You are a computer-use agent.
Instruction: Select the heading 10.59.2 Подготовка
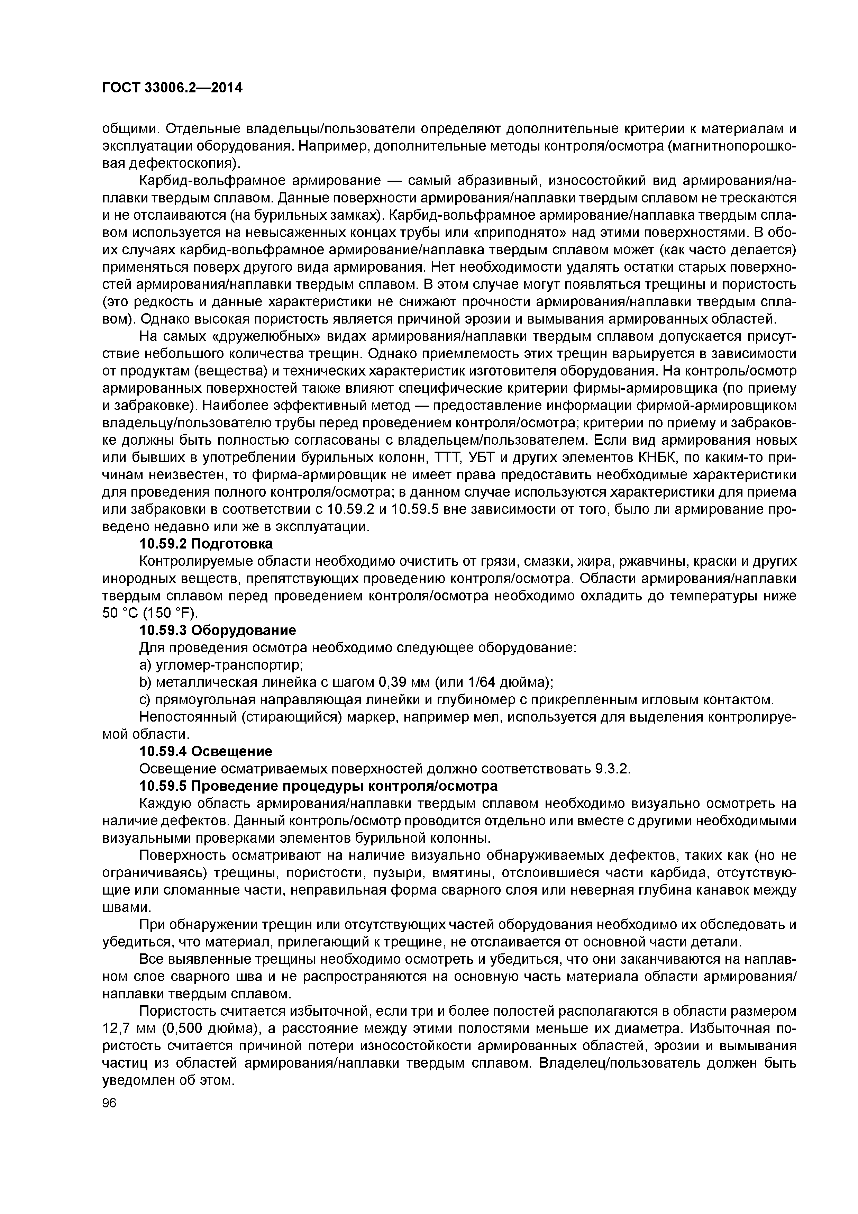pyautogui.click(x=206, y=544)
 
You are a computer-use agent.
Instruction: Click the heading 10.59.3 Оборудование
pyautogui.click(x=217, y=630)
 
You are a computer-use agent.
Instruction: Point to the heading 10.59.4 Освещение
pyautogui.click(x=206, y=751)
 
